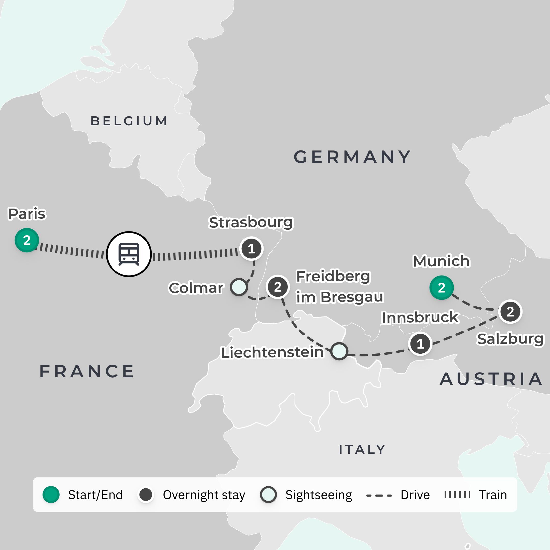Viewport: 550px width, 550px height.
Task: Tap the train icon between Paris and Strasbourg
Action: [129, 254]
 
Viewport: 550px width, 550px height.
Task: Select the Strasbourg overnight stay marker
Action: [251, 249]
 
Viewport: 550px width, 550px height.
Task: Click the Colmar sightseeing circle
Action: [239, 287]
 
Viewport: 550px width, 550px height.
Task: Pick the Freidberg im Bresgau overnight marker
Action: [278, 287]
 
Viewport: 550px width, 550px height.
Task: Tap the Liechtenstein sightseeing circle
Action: [339, 351]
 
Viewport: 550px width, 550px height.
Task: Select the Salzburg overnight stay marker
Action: [510, 312]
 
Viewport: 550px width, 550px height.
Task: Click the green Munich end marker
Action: [441, 287]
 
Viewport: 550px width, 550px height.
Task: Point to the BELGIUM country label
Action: [129, 121]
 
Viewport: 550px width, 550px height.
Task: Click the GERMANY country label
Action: [352, 157]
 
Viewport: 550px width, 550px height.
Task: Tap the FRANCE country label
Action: [87, 371]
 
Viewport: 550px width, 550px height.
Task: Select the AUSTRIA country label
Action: [491, 379]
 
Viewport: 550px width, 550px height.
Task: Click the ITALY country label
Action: [362, 449]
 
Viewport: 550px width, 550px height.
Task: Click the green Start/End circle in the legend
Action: [51, 495]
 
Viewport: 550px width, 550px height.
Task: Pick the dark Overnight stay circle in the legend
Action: [146, 495]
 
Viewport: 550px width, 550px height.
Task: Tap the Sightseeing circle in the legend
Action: [268, 495]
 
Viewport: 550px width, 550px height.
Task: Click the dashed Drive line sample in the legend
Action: [379, 496]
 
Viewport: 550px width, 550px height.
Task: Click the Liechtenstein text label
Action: [272, 352]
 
